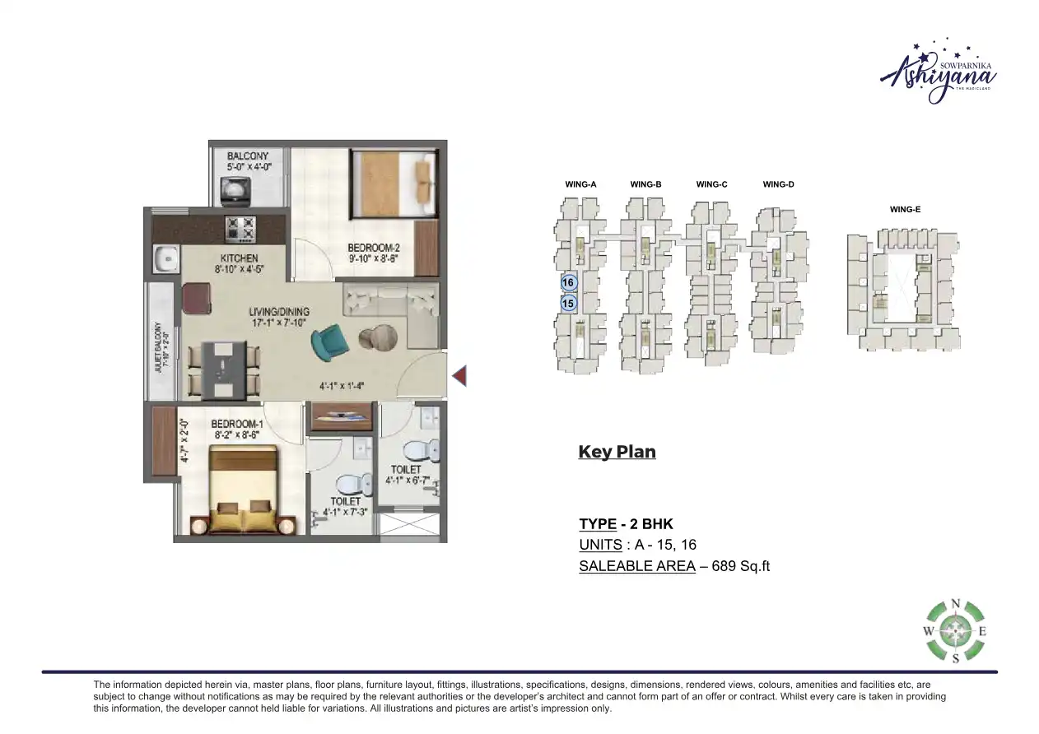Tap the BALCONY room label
248,156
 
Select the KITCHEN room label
239,258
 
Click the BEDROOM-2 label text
373,248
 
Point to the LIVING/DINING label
279,312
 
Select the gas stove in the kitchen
241,228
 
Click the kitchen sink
165,259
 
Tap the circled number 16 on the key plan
567,282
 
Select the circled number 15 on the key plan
567,304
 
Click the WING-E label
905,210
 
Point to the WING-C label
711,184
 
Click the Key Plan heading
617,452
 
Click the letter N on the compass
955,604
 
